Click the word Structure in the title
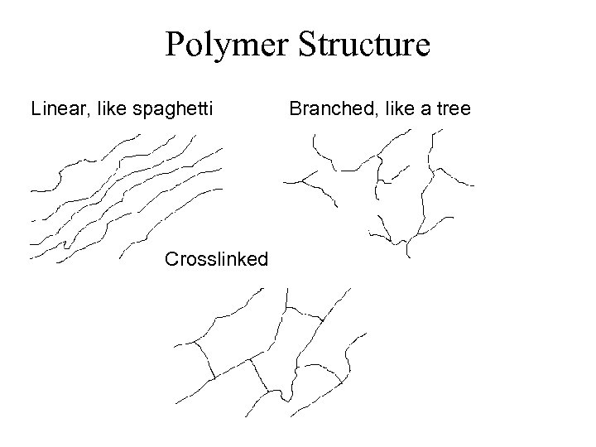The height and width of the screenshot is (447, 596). [x=361, y=45]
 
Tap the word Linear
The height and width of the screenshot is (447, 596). [x=60, y=108]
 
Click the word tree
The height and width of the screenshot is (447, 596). [x=454, y=108]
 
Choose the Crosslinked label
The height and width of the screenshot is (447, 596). [x=216, y=259]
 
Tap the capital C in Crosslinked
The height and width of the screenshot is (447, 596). [x=171, y=259]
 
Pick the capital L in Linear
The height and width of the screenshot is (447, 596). [x=36, y=108]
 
